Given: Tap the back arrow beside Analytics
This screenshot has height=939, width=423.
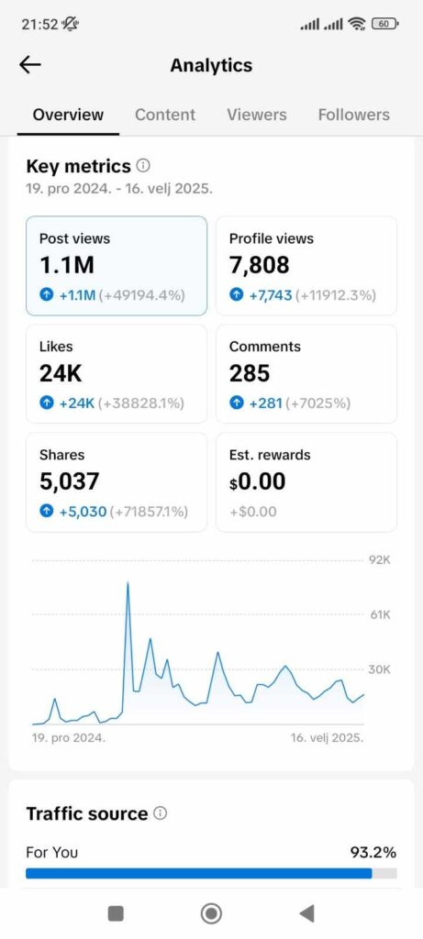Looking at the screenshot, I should [30, 64].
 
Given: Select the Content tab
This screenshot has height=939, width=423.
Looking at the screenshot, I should [165, 115].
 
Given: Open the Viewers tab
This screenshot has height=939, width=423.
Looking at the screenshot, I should [257, 115].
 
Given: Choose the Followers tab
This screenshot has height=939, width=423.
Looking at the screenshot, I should [353, 115].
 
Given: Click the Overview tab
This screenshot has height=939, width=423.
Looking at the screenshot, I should [68, 115].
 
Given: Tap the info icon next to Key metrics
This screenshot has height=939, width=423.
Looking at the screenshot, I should [143, 166].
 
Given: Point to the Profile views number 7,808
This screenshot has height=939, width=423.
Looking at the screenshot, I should [259, 265].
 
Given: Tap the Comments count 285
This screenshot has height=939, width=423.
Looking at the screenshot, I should [250, 373].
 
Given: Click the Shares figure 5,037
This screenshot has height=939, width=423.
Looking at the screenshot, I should [69, 481].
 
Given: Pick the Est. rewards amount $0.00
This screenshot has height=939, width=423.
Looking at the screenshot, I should [257, 481].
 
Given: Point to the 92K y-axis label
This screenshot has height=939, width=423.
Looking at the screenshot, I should [380, 559].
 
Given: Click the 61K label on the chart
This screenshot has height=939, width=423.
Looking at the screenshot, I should [380, 614].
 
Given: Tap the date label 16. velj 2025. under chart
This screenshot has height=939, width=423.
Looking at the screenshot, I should [327, 737].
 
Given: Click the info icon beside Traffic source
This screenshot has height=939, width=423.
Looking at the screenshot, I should [161, 813].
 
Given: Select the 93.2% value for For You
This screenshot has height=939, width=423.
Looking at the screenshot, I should [373, 852].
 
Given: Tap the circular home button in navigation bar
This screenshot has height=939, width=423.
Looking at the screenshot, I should [211, 912].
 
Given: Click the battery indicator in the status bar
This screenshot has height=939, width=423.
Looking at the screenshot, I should [386, 24].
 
